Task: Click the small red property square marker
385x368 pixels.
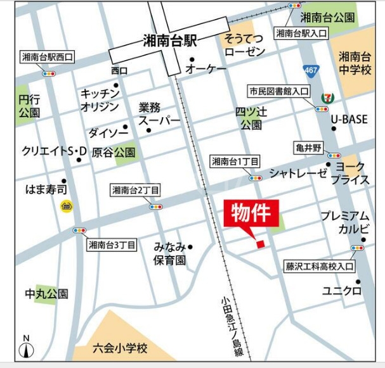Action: (259, 244)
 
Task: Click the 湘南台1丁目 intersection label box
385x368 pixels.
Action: (235, 162)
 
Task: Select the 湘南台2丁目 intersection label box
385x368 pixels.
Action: (136, 189)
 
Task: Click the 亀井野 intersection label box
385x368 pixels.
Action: (309, 148)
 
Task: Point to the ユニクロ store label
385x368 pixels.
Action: (342, 291)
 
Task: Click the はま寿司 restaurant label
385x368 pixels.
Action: (46, 188)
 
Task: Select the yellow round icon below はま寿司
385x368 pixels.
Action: (65, 205)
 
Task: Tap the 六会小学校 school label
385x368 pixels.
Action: (120, 348)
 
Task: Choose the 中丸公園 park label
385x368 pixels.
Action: (46, 294)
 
